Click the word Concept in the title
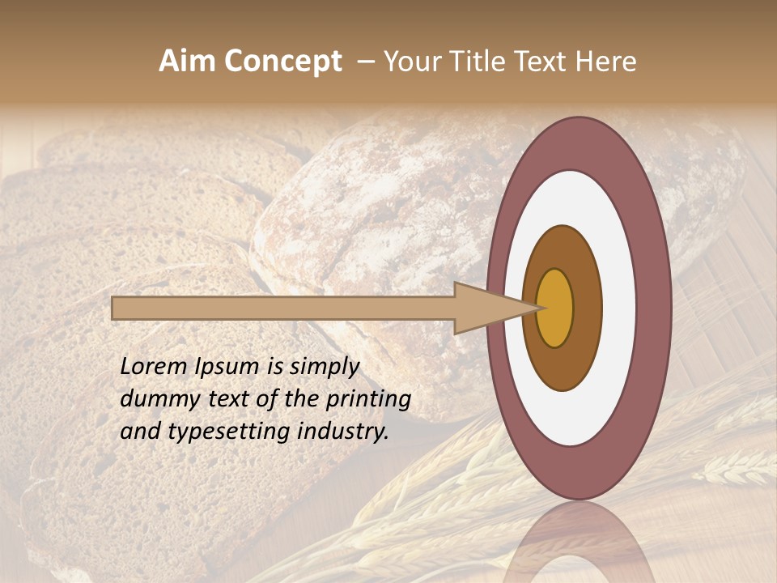click(x=282, y=62)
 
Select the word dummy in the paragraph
click(x=155, y=399)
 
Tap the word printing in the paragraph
click(x=367, y=400)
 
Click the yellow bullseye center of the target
click(x=555, y=308)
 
